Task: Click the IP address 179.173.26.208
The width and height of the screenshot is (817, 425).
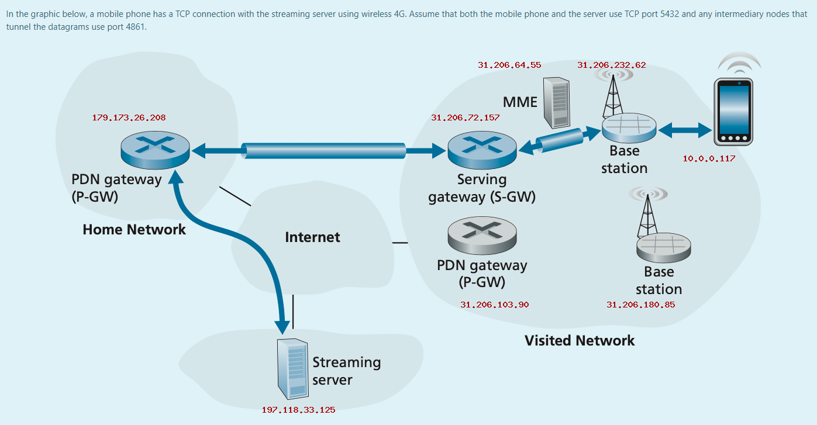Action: coord(129,118)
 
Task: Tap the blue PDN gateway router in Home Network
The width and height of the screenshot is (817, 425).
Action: coord(155,149)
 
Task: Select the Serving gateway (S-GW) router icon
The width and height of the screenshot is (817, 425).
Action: coord(481,149)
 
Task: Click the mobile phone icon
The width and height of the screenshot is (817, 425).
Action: coord(733,113)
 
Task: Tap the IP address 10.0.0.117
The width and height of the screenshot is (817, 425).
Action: coord(709,158)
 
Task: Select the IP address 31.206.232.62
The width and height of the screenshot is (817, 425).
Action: coord(611,65)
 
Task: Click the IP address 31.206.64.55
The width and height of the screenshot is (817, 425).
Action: coord(509,65)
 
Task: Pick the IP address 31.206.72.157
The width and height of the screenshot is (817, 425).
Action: coord(465,118)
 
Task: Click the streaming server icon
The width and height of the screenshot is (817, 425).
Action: coord(292,368)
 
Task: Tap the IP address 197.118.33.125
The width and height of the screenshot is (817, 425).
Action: coord(298,410)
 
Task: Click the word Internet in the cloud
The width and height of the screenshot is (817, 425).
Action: coord(312,237)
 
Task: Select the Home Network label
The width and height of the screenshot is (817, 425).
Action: coord(134,229)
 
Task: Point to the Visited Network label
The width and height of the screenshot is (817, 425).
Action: coord(579,340)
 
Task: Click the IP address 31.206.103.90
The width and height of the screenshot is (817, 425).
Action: coord(494,305)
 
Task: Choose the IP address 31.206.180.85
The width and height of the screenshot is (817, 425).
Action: coord(640,305)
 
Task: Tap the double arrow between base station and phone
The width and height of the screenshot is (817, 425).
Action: coord(685,130)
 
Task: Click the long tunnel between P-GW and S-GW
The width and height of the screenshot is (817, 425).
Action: coord(325,151)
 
